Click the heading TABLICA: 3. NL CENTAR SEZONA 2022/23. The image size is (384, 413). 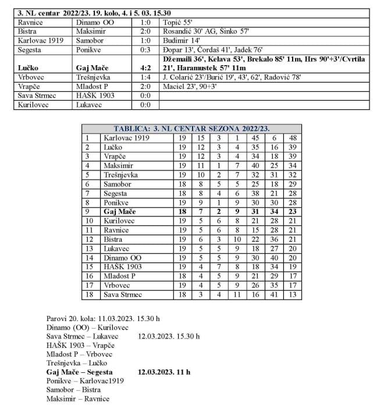tap(191, 129)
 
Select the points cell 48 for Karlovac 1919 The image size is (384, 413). tap(293, 138)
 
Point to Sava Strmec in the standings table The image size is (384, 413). tap(122, 295)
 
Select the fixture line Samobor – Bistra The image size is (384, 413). tap(73, 389)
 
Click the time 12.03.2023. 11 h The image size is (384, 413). tap(165, 371)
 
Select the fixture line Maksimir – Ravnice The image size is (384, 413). tap(77, 398)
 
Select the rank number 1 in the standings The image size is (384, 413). tap(87, 138)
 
